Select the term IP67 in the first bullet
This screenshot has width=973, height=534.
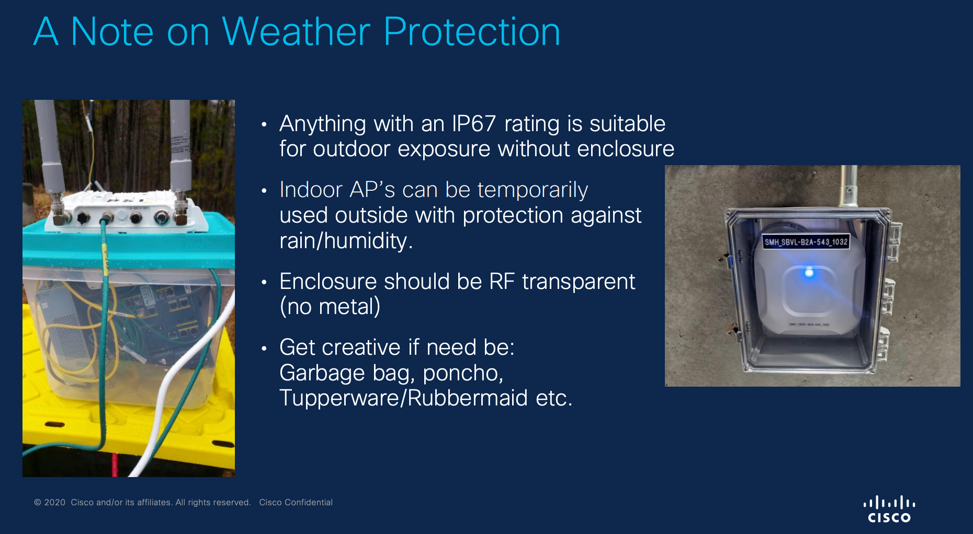tap(474, 124)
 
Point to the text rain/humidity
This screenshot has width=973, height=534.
tap(346, 241)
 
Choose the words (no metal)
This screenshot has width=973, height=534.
tap(330, 307)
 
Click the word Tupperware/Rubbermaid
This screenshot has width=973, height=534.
tap(403, 398)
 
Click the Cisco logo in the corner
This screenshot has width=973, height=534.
tap(889, 509)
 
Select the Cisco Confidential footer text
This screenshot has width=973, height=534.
tap(296, 502)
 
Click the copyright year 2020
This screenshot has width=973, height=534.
tap(54, 502)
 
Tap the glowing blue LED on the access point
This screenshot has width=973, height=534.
tap(809, 272)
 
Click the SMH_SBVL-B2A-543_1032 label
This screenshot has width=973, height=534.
tap(806, 242)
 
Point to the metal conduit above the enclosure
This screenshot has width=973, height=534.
tap(847, 187)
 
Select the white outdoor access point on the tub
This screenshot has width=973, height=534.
tap(126, 212)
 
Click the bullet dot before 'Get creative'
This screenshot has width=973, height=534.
tap(264, 348)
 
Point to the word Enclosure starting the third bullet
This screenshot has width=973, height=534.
tap(328, 282)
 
